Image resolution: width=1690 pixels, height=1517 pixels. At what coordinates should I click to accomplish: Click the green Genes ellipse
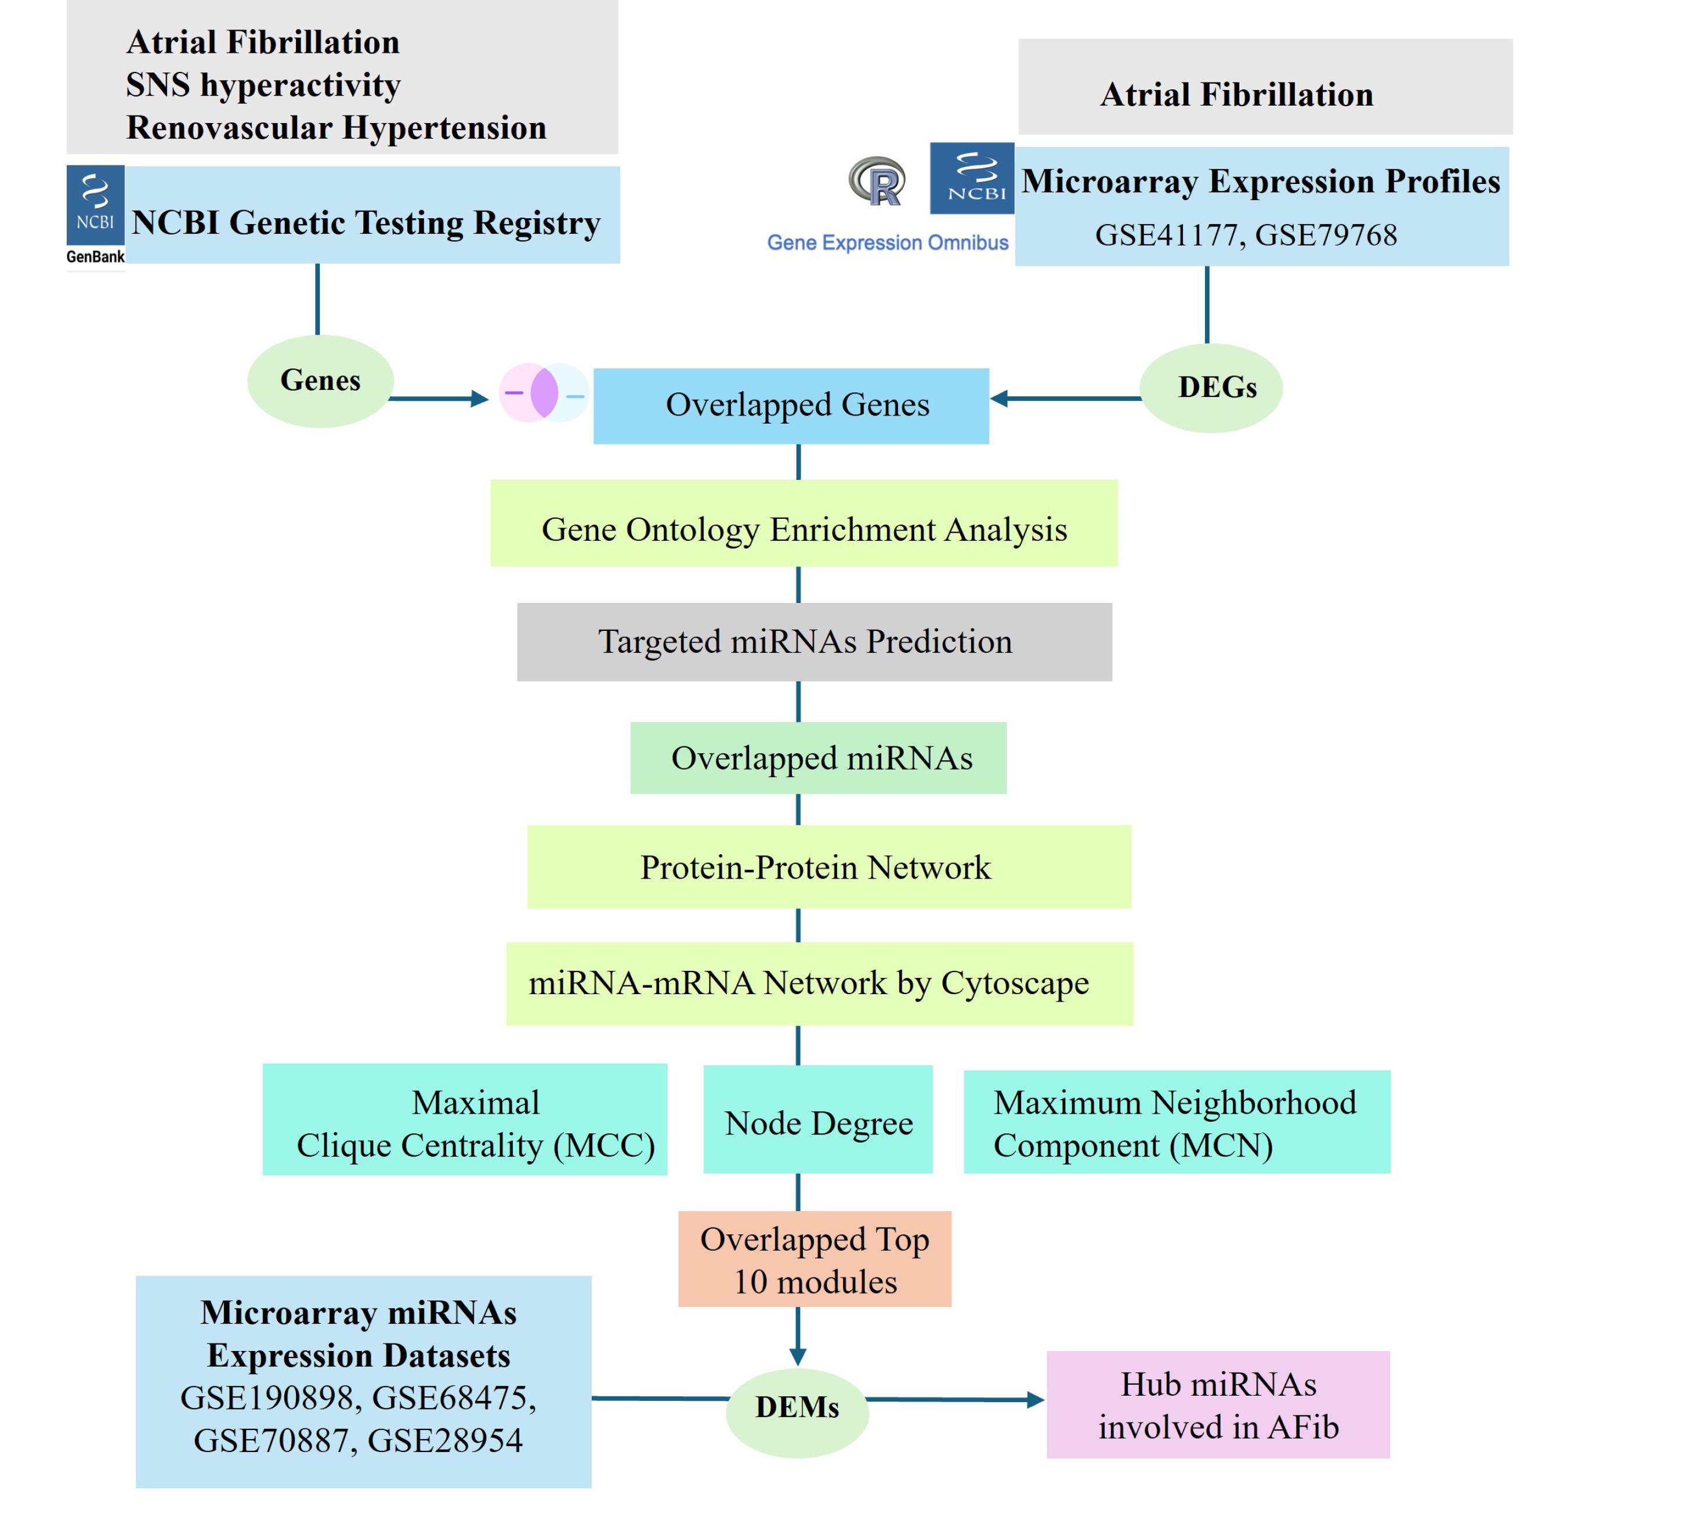coord(321,381)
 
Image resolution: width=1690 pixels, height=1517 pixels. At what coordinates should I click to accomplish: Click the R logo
coord(878,182)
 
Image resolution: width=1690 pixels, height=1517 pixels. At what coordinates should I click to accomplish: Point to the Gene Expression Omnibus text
coord(888,243)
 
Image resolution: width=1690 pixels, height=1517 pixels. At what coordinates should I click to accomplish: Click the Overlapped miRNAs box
coord(819,758)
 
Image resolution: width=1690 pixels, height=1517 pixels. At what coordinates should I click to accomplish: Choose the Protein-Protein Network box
coord(829,867)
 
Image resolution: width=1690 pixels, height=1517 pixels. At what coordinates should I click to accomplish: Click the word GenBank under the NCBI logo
coord(95,257)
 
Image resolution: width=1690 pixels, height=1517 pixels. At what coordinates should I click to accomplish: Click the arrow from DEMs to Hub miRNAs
coord(955,1400)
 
